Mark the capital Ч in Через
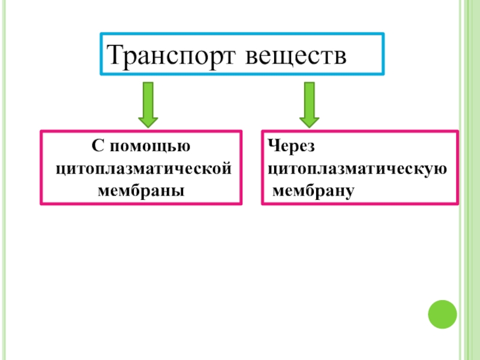(x=272, y=146)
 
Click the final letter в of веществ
(x=340, y=58)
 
